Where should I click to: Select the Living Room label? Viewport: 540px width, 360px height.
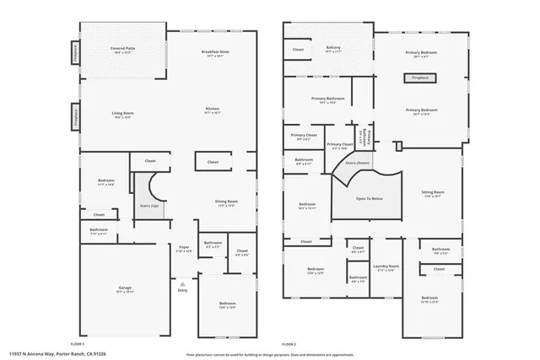[x=124, y=115]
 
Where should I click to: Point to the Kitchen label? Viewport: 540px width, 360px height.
[x=213, y=110]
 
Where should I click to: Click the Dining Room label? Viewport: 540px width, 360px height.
[x=226, y=202]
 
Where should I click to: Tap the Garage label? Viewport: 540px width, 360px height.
[x=125, y=289]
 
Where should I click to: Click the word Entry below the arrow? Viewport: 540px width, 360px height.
[x=182, y=290]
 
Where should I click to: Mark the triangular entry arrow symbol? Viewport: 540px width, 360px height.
[x=182, y=282]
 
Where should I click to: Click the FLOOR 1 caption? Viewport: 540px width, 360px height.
[x=78, y=344]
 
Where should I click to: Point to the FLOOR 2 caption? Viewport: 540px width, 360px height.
[x=289, y=344]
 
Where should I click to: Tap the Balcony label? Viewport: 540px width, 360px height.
[x=333, y=49]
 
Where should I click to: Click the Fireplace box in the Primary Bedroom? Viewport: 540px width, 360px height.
[x=420, y=78]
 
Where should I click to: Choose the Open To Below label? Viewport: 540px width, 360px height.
[x=370, y=198]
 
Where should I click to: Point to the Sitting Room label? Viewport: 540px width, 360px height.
[x=432, y=194]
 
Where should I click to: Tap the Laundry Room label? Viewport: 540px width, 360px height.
[x=386, y=268]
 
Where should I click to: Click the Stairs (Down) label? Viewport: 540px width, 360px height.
[x=358, y=163]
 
